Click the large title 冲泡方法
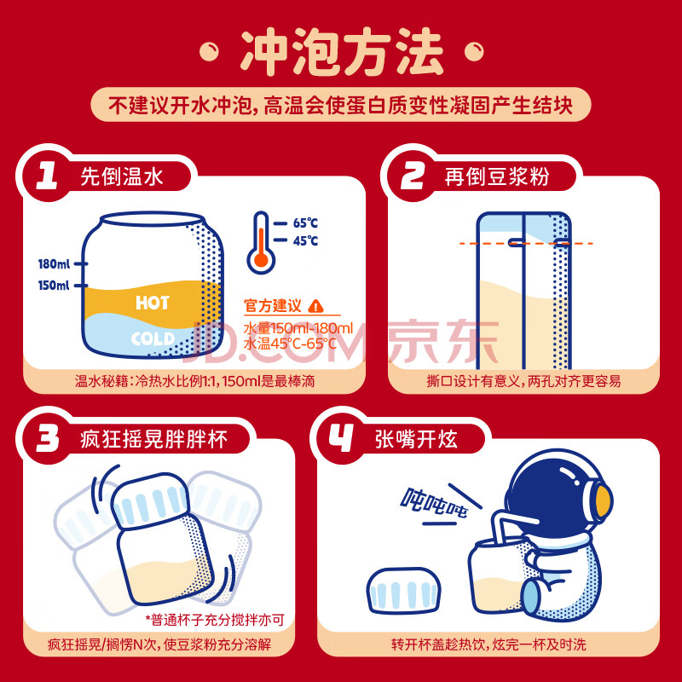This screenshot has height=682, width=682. (342, 51)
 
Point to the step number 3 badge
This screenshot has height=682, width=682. (47, 438)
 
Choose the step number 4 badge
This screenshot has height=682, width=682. (341, 438)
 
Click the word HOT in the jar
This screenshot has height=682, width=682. (153, 303)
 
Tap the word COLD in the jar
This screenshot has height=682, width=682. (153, 338)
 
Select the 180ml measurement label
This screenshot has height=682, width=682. (54, 264)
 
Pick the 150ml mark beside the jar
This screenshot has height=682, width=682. (54, 286)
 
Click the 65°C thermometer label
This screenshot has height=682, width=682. (305, 223)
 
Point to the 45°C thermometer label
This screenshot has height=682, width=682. (305, 240)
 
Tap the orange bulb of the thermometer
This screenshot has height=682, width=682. (261, 260)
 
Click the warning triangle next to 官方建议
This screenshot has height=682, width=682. (315, 306)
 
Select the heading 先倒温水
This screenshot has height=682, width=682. (122, 176)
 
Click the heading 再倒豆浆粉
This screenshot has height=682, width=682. (497, 176)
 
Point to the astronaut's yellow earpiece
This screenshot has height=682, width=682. (604, 501)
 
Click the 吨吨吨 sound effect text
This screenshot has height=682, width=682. (433, 503)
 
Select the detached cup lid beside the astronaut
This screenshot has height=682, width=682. (403, 591)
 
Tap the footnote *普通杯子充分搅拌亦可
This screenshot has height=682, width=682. (215, 620)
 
